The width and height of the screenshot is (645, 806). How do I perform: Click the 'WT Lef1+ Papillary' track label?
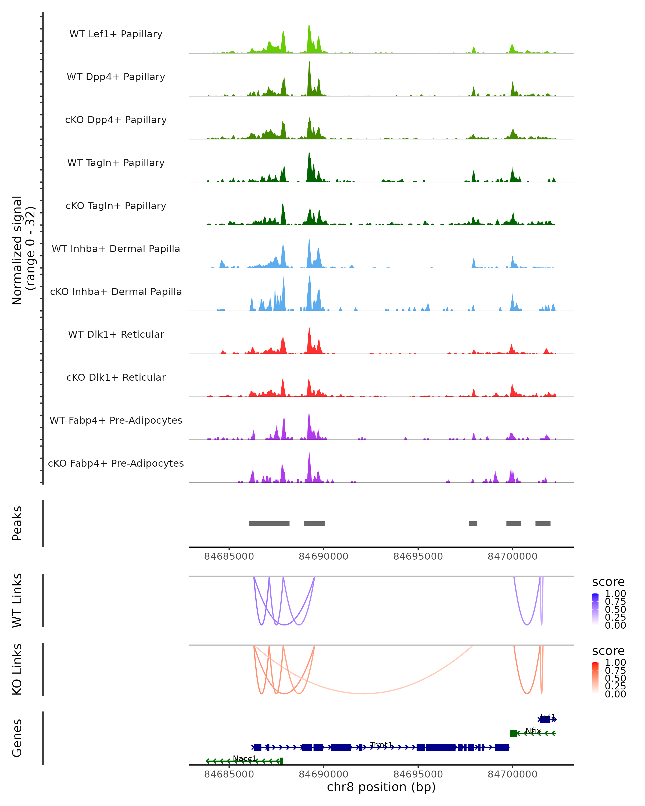[116, 34]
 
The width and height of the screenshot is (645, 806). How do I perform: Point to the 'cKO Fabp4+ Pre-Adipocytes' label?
[116, 463]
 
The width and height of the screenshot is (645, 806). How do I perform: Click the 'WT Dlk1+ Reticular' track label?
[116, 334]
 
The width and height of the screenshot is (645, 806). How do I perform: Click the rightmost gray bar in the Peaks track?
[543, 523]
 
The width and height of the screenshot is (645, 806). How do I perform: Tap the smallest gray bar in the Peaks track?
[473, 523]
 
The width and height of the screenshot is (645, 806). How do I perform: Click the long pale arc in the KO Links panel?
[363, 693]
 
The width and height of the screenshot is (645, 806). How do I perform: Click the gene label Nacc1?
[245, 758]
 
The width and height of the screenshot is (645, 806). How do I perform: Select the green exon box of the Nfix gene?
[513, 733]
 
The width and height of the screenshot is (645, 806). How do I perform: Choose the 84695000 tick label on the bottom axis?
[418, 774]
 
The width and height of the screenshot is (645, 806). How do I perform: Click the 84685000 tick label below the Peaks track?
[229, 556]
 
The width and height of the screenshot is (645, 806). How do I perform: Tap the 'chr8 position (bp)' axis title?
[381, 787]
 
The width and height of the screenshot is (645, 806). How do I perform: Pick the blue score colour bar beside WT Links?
[595, 609]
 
